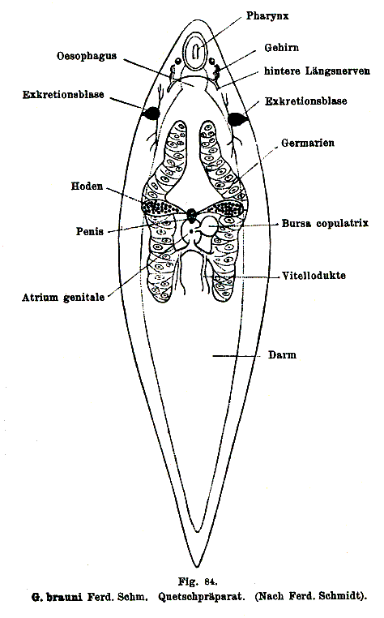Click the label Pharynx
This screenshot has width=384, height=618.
pos(267,16)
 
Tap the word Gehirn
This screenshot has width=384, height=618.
pos(282,48)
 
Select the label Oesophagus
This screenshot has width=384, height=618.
pos(87,56)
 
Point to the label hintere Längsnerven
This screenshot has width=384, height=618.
pos(317,71)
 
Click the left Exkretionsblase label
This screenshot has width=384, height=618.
pos(63,95)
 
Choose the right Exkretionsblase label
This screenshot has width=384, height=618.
pos(306,101)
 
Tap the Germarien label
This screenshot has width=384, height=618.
pos(308,143)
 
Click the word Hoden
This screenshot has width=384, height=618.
pos(87,186)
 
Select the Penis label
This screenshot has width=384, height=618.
pos(90,231)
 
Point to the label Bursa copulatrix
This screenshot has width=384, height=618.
pos(325,224)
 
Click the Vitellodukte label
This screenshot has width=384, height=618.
pos(314,276)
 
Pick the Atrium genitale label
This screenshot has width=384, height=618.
pos(63,298)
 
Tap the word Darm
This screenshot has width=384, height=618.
pos(282,354)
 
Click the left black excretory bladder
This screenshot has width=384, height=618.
pos(151,114)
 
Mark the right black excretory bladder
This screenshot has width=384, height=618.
pos(237,119)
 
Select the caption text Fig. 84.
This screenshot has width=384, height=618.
pos(198,582)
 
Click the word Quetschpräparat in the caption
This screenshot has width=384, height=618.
pos(201,597)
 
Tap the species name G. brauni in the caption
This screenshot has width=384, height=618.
pos(57,597)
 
